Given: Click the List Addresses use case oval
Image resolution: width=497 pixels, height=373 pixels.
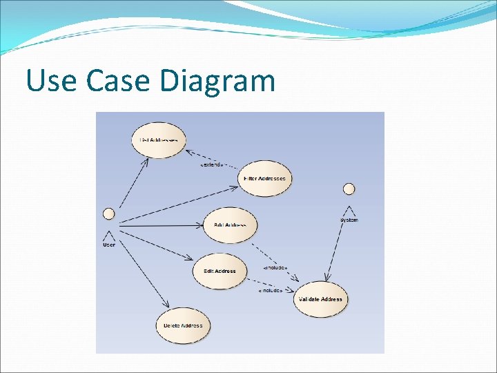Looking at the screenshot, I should point(159,140).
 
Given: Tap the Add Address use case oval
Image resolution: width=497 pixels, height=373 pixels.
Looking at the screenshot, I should point(231,224).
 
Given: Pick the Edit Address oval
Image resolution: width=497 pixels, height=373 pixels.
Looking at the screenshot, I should point(220,271).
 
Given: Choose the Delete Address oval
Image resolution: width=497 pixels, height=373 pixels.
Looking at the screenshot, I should point(182,325).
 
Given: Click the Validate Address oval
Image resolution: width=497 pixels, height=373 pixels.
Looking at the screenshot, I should point(320,299).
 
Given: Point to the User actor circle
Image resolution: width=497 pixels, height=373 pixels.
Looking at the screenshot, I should point(108,213).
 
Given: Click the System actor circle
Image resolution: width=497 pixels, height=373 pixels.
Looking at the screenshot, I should point(349,189).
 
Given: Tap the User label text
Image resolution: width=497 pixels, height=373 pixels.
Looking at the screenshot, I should point(109,245).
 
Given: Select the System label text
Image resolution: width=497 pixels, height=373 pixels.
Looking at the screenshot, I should point(349,220).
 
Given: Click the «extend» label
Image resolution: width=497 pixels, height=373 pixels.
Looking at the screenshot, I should point(211,164).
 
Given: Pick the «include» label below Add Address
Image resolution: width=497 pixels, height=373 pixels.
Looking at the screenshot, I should point(275,267).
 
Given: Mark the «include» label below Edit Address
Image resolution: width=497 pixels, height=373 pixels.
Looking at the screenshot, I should point(270,291).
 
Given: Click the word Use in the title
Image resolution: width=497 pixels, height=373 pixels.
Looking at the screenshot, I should point(51,82).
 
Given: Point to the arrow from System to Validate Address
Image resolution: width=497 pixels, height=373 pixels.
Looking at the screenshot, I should point(338,245).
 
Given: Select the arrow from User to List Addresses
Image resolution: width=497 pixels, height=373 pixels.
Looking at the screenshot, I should point(133,183).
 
